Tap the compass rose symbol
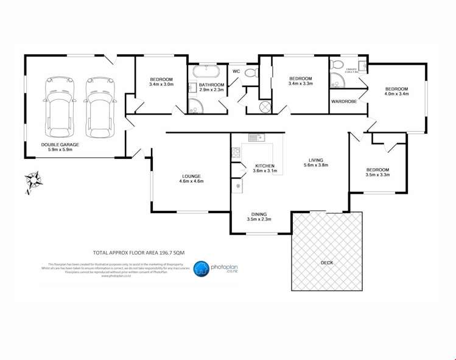click(33, 181)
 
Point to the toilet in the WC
click(251, 74)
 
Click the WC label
click(237, 72)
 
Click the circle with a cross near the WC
click(265, 107)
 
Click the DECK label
click(327, 263)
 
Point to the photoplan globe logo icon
click(202, 269)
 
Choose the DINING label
click(260, 213)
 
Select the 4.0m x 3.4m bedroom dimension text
click(396, 94)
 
